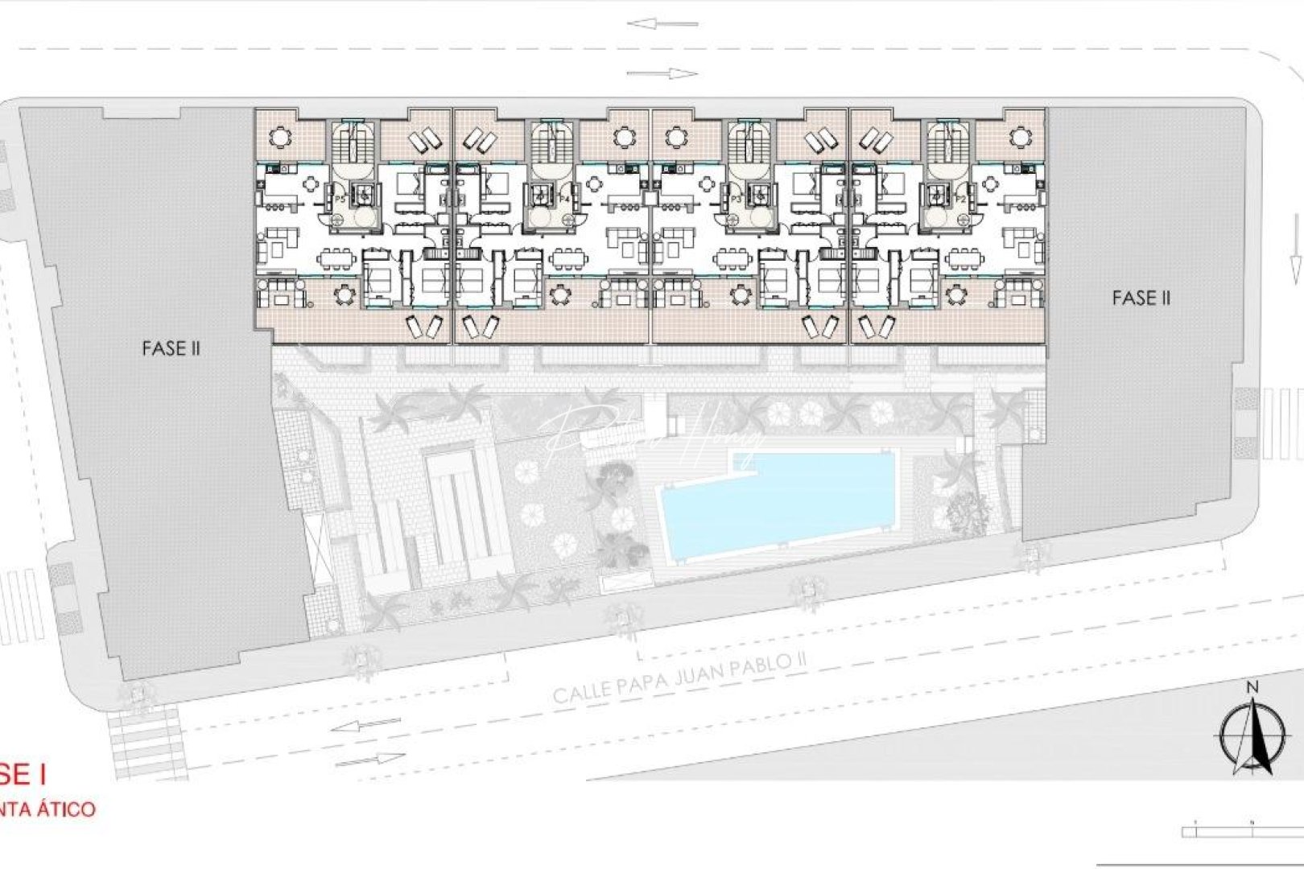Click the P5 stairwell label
(x=340, y=198)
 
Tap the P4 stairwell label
(x=565, y=198)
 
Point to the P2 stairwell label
(x=960, y=198)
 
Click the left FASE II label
(x=170, y=348)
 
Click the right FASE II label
(x=1141, y=299)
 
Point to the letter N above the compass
(x=1252, y=688)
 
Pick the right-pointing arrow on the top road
(x=662, y=74)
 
